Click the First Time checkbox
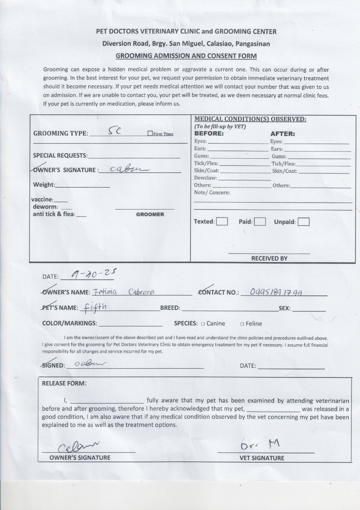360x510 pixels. pos(150,134)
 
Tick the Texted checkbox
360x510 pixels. pos(222,221)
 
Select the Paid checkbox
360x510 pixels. pos(259,221)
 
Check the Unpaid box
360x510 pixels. pos(303,221)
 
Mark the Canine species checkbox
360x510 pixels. pos(203,324)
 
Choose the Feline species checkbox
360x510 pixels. pos(242,324)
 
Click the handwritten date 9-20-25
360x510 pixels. pos(93,273)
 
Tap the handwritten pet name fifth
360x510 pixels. pos(94,307)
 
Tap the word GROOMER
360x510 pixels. pos(150,214)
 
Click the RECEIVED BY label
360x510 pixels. pos(269,258)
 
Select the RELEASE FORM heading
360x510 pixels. pos(64,383)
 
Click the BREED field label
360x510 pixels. pos(170,308)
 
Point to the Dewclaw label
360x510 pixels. pos(206,178)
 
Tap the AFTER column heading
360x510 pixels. pos(283,134)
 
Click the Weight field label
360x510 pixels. pos(44,185)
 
